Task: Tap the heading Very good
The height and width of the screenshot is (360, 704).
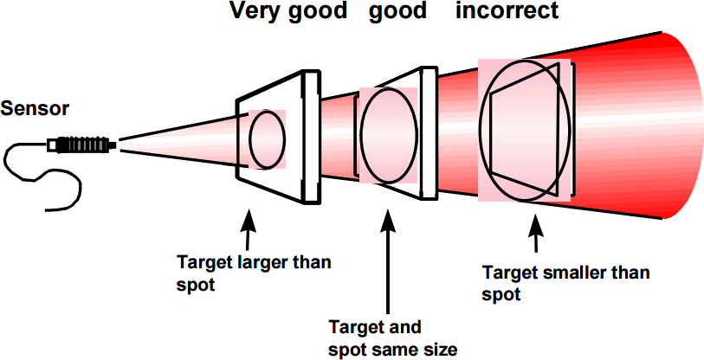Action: pos(288,12)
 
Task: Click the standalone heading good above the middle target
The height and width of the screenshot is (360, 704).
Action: pos(397,12)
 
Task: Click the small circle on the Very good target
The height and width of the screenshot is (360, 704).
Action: pos(268,138)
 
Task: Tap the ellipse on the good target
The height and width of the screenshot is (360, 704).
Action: pos(385,136)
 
